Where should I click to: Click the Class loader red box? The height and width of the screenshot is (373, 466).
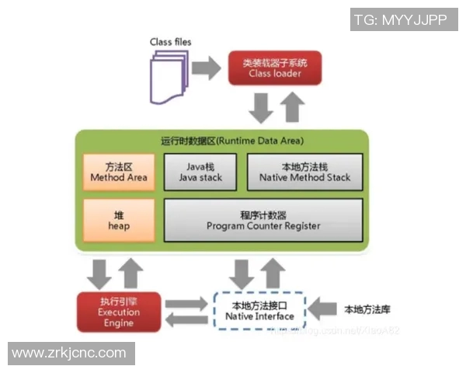(x=275, y=68)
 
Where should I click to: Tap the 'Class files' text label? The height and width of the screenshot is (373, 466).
(x=170, y=41)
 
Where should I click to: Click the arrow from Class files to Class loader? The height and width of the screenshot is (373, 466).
(x=207, y=68)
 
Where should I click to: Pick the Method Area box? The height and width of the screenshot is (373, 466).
(x=118, y=172)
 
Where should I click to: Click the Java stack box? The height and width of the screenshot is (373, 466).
(x=200, y=172)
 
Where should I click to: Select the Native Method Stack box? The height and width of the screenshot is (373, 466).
(x=304, y=172)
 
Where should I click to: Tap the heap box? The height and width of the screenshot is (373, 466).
(x=118, y=220)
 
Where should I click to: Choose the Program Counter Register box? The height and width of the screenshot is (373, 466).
(x=263, y=220)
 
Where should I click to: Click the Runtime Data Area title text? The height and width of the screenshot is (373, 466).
(x=232, y=141)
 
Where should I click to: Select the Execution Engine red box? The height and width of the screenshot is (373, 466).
(x=118, y=312)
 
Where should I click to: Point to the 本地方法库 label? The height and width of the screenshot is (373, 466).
(x=366, y=309)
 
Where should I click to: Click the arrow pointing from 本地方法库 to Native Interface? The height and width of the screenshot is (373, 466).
(x=321, y=309)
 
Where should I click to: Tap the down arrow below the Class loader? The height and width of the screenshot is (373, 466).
(x=262, y=107)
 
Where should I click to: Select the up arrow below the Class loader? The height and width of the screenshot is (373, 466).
(x=291, y=106)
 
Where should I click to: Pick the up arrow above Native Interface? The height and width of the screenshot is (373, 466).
(x=272, y=273)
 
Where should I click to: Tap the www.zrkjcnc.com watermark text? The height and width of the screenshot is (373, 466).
(x=69, y=354)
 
